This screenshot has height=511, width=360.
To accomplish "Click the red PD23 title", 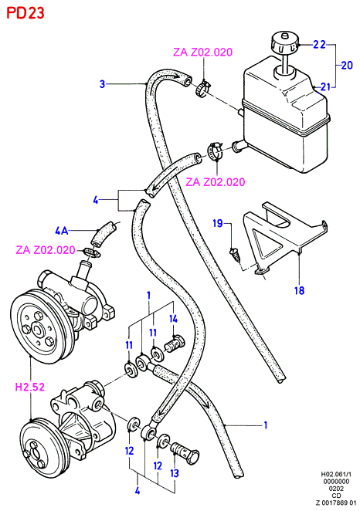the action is point(25,13).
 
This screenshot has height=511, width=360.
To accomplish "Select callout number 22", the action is point(319,44).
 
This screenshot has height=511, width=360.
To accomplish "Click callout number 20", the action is point(347,65).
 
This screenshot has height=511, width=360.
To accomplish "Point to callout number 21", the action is point(325,86).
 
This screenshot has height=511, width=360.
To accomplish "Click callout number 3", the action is point(103,84).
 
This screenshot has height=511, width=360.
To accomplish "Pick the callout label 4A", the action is point(62,231).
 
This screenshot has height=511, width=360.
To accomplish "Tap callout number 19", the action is point(218,223).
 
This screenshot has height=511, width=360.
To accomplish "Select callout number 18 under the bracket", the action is point(299,290).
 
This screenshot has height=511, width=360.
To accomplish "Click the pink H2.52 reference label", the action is point(30,387).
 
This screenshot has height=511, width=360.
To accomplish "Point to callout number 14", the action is point(174,318).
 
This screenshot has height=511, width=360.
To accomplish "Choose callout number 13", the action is point(175,473).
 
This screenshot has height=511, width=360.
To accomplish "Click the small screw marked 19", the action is point(236,254).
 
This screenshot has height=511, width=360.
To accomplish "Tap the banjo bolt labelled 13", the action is point(185,451).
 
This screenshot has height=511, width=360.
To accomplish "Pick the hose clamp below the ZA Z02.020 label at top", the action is point(203,87).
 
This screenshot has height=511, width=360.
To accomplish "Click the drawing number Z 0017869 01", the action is point(335,503).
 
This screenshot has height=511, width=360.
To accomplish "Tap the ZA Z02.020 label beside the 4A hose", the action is point(46,250).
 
